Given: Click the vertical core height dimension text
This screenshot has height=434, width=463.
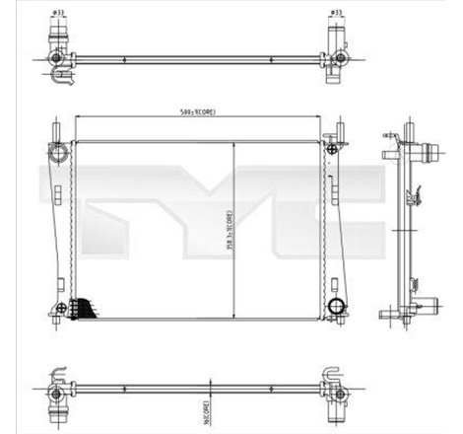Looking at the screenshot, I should [226, 231].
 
